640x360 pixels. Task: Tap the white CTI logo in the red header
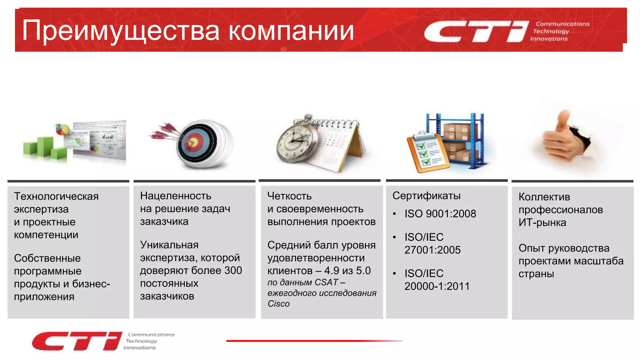coord(475,31)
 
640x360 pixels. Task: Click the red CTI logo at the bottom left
coord(77,341)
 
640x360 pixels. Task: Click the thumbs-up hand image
coord(566,137)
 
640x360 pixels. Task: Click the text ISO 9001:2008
coord(440,214)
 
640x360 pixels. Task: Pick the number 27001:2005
coord(432,250)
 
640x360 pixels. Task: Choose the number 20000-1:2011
coord(437,286)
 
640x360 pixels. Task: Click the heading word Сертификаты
coord(426,196)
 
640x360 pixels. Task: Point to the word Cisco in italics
coord(278,304)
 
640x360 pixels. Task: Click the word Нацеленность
coord(176,196)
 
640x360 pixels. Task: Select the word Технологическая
coord(56,196)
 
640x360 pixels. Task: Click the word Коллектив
coord(544,197)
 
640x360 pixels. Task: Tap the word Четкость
coord(289,196)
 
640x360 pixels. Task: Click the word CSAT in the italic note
coord(326,282)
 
